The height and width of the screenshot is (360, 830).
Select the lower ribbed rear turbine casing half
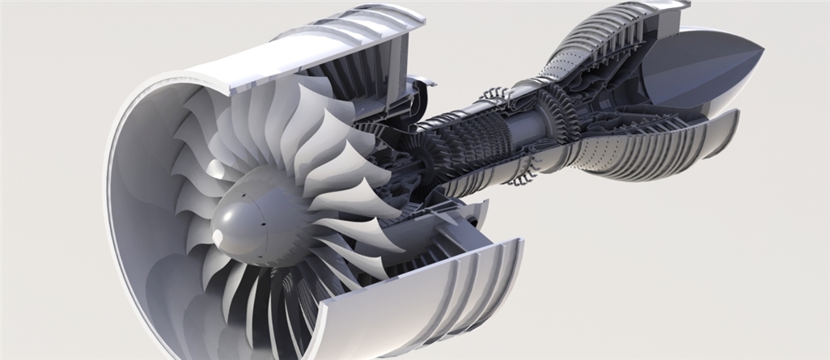click(x=647, y=146)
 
